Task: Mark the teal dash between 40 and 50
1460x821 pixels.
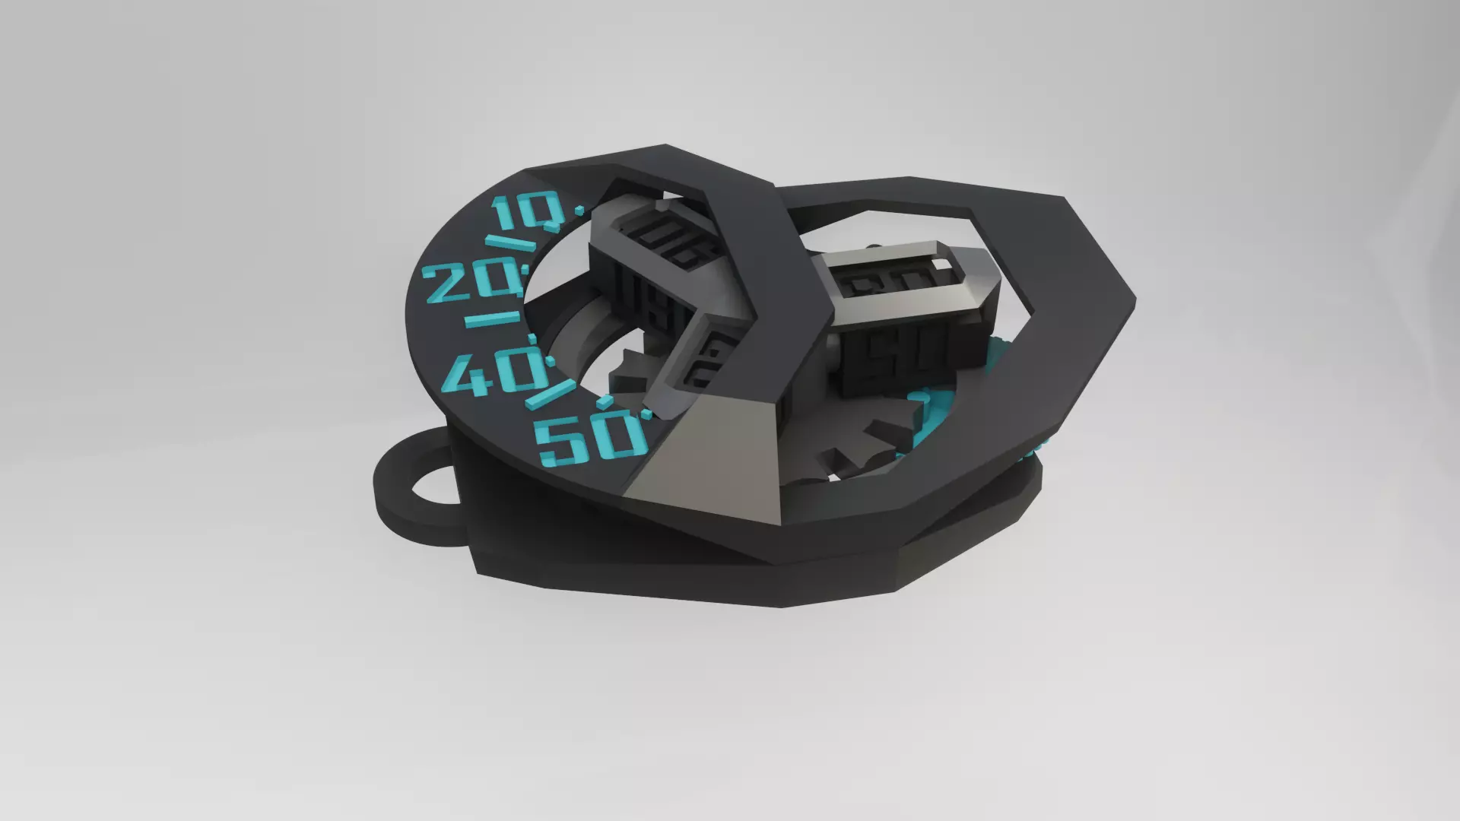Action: (546, 395)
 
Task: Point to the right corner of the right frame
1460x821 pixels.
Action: (1131, 300)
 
